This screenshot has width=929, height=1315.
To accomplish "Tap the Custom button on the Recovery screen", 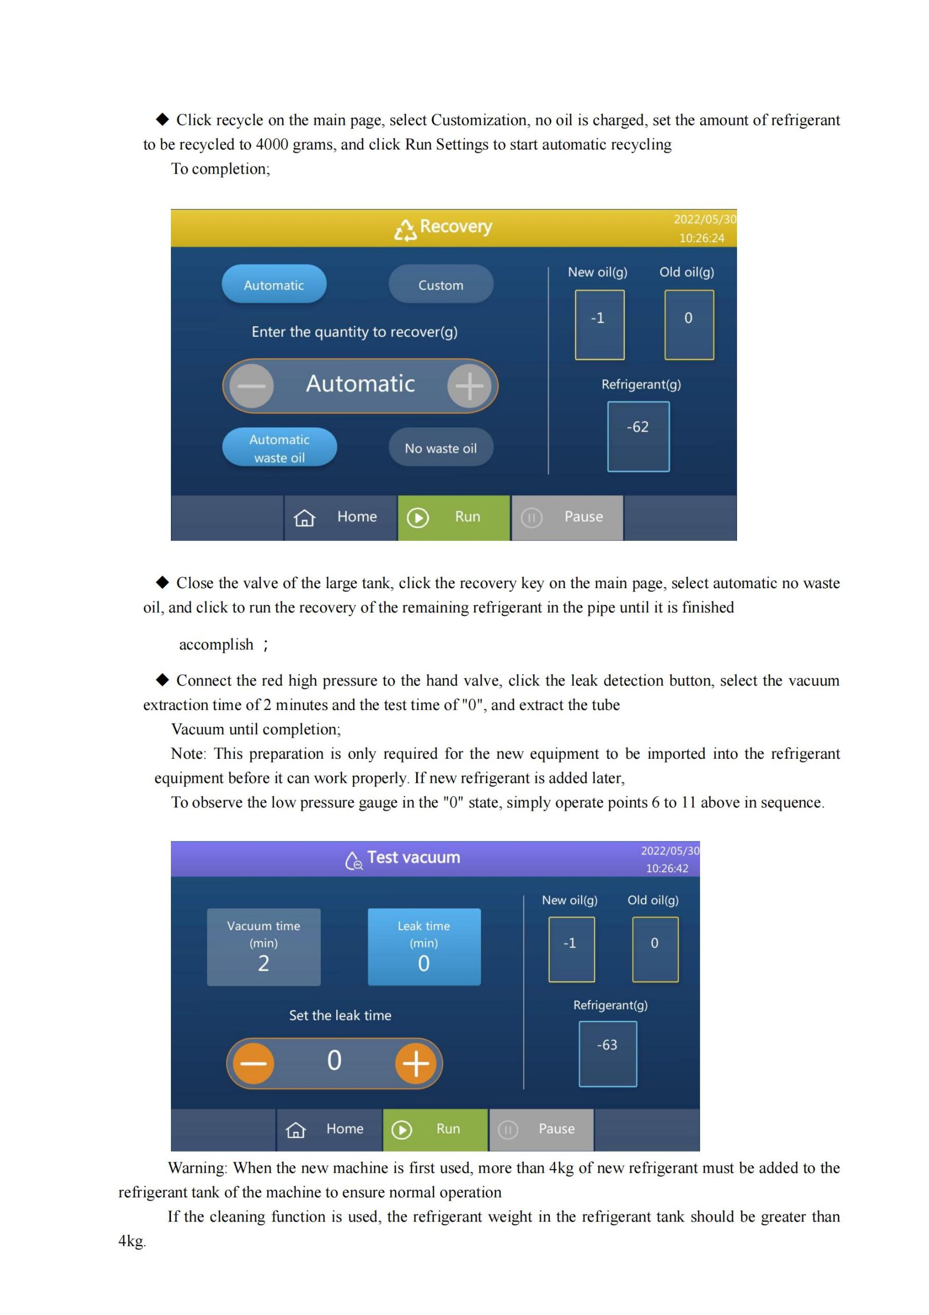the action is (x=441, y=284).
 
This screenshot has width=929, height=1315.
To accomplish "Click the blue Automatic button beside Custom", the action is (x=274, y=284).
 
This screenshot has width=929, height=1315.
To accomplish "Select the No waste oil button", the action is (x=441, y=447).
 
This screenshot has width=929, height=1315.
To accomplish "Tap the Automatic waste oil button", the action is (x=279, y=447).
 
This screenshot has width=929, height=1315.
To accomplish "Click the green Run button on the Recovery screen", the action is (x=453, y=517).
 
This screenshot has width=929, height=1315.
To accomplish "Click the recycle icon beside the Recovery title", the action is (x=405, y=230).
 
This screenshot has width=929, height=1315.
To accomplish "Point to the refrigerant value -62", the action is (x=637, y=427).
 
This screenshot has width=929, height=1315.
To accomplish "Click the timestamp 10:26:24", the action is (x=702, y=238).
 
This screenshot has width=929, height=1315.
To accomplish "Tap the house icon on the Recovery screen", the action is (x=304, y=518).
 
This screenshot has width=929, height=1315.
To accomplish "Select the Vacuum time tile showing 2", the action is (x=263, y=947).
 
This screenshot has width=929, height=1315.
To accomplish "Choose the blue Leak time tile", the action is (x=424, y=947).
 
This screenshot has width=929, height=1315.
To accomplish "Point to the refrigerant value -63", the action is (x=607, y=1045).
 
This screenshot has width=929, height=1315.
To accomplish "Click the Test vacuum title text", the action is (x=414, y=857).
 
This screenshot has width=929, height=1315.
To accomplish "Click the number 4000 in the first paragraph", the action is (x=272, y=144).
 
